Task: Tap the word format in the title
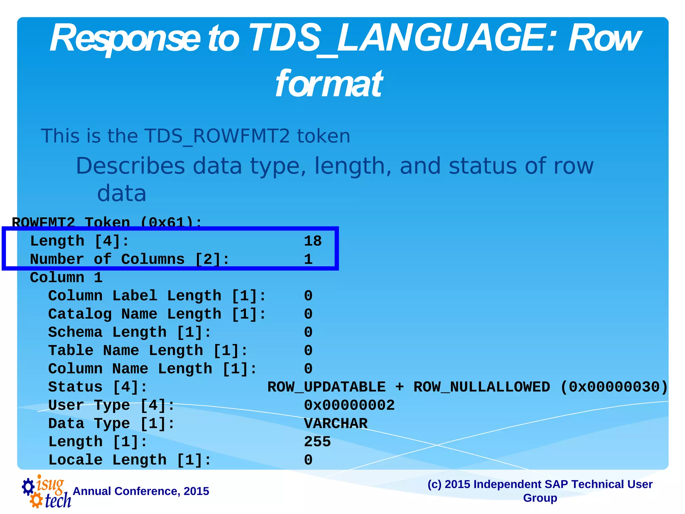click(329, 84)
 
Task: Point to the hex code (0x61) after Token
click(171, 222)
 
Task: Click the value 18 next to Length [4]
click(313, 241)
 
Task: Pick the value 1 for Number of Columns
click(308, 259)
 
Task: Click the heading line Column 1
click(66, 277)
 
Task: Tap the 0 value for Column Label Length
click(308, 296)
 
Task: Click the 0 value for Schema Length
click(308, 332)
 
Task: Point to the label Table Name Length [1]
click(148, 350)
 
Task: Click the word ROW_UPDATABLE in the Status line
click(326, 387)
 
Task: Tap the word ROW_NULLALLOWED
click(482, 387)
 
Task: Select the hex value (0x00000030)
click(614, 387)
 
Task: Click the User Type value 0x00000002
click(349, 405)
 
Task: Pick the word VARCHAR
click(335, 424)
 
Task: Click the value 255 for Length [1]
click(317, 442)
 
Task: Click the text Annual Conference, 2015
click(141, 491)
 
